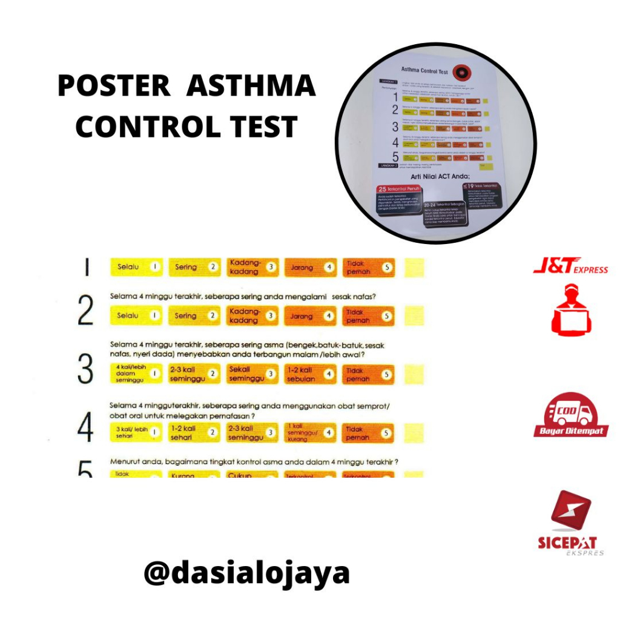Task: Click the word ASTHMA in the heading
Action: pos(251,87)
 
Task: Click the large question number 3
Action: pos(86,369)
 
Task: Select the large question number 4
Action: pos(86,429)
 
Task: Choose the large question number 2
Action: pos(86,311)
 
